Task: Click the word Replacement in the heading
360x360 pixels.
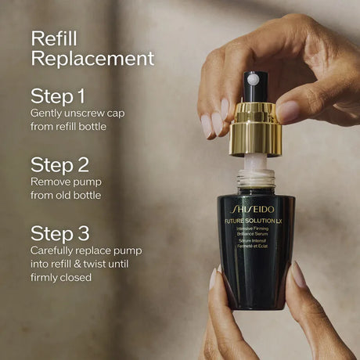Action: click(x=92, y=59)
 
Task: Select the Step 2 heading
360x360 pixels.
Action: click(x=59, y=164)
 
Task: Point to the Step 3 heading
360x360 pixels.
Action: click(x=59, y=233)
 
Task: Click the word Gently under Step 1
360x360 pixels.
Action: click(x=47, y=113)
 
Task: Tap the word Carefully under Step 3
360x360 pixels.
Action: click(x=56, y=250)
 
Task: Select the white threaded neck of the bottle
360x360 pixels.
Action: click(x=255, y=176)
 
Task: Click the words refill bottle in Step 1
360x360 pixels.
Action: click(x=91, y=127)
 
